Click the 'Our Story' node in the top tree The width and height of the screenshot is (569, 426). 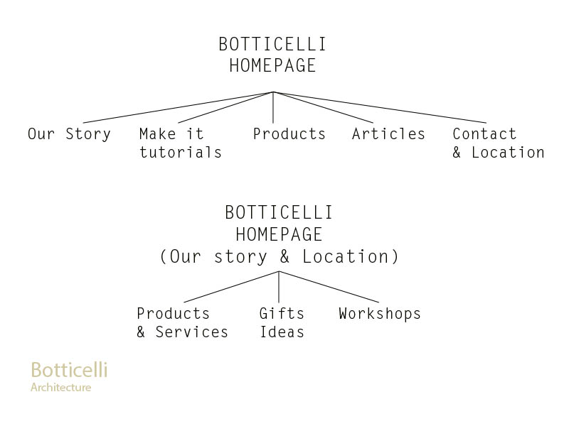pyautogui.click(x=69, y=134)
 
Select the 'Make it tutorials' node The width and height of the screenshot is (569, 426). pyautogui.click(x=181, y=143)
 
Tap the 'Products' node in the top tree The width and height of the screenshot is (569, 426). pyautogui.click(x=289, y=134)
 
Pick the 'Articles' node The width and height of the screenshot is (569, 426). pyautogui.click(x=388, y=133)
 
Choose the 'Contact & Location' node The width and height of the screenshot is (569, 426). pyautogui.click(x=499, y=143)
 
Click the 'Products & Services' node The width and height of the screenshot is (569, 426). pyautogui.click(x=182, y=323)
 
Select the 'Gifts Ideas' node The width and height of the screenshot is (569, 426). pyautogui.click(x=282, y=323)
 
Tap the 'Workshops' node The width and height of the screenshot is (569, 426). pyautogui.click(x=380, y=314)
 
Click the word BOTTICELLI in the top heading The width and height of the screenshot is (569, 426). pyautogui.click(x=272, y=44)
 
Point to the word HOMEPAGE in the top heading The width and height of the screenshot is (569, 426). pyautogui.click(x=272, y=65)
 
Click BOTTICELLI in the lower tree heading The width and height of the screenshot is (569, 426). pyautogui.click(x=279, y=212)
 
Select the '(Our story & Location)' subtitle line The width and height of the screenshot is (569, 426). pyautogui.click(x=279, y=256)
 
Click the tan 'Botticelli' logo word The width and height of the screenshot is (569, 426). pyautogui.click(x=69, y=370)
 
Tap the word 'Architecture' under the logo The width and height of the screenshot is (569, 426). pyautogui.click(x=60, y=387)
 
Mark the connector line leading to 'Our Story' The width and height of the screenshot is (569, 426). pyautogui.click(x=179, y=108)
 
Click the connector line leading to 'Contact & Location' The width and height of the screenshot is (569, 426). pyautogui.click(x=380, y=108)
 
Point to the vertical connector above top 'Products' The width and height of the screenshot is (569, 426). pyautogui.click(x=273, y=108)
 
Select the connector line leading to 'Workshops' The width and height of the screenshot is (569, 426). pyautogui.click(x=329, y=287)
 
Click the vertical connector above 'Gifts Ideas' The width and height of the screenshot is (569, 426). pyautogui.click(x=279, y=287)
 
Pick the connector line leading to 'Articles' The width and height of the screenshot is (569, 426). pyautogui.click(x=323, y=108)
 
